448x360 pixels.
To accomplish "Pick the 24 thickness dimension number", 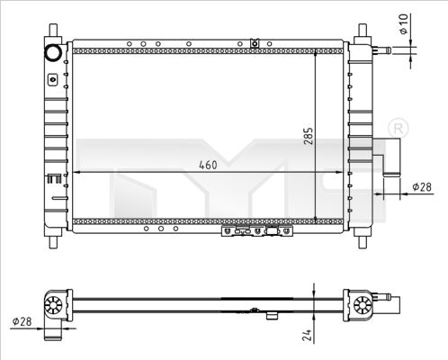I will (306, 336).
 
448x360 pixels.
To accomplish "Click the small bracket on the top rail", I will (255, 42).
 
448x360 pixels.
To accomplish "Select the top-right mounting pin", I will (362, 31).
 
